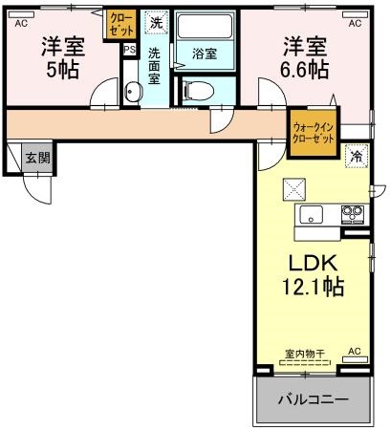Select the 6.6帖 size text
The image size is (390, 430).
[306, 69]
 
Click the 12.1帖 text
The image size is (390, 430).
[312, 286]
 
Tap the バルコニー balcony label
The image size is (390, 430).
[313, 398]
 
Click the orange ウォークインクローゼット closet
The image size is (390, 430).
[313, 132]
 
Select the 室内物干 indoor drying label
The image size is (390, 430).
[305, 354]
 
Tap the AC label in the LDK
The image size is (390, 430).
[354, 352]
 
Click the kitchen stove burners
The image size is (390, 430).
[353, 212]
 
